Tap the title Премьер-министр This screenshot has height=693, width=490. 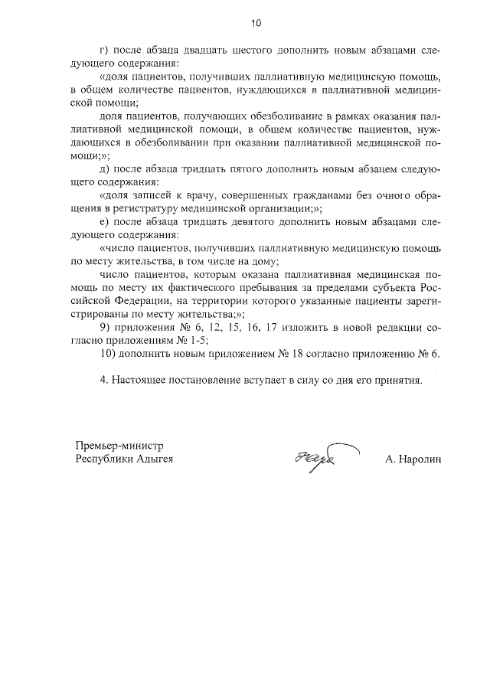tap(119, 446)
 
